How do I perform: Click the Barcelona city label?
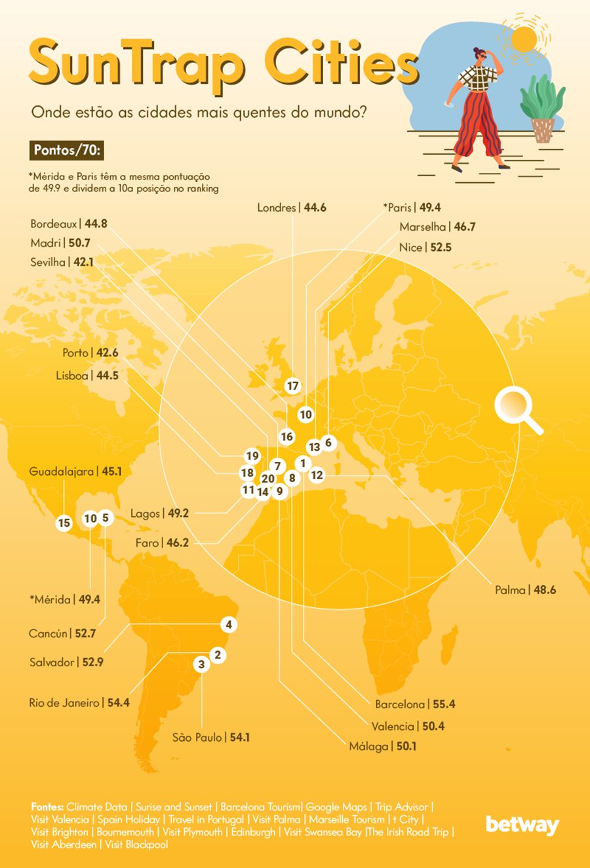[400, 704]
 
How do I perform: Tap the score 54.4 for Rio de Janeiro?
[119, 703]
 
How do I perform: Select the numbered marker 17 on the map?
[292, 386]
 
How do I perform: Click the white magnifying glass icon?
[517, 409]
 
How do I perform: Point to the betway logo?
[522, 825]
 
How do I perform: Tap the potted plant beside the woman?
[542, 108]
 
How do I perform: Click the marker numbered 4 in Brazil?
[228, 625]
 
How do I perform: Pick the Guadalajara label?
[62, 472]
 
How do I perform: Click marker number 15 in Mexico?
[64, 523]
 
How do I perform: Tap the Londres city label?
[277, 208]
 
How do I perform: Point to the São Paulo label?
[197, 738]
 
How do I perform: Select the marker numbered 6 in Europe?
[328, 443]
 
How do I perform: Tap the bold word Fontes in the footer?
[47, 807]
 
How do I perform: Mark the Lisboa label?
[72, 376]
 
